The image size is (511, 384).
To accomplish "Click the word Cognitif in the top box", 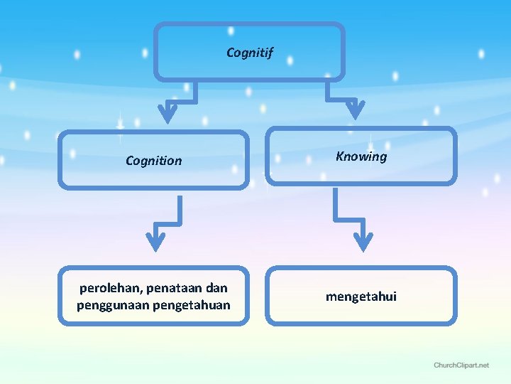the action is pos(249,52).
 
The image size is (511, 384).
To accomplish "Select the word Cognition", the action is pos(153,161).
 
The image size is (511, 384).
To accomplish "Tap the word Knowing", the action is pos(361,156).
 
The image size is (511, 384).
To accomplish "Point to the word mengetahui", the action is pos(361,296).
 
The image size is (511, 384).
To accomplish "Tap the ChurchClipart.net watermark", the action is pos(461,365).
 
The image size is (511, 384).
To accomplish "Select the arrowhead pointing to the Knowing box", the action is pos(355,110).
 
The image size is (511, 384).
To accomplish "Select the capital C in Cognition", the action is pos(130,161).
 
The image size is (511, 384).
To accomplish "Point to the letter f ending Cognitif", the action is pos(270,53).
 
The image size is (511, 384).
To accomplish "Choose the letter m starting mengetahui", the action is pos(331,297).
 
